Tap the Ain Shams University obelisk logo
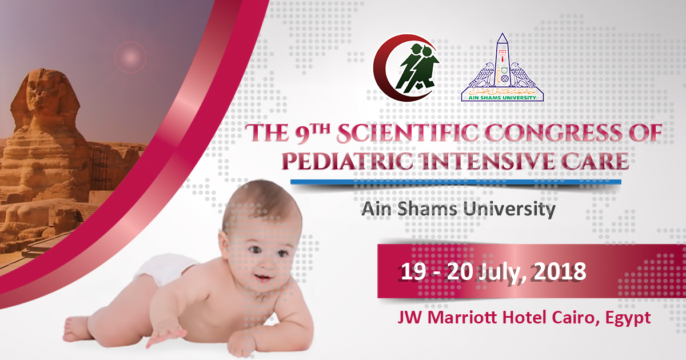(502, 69)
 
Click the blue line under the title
(455, 182)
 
